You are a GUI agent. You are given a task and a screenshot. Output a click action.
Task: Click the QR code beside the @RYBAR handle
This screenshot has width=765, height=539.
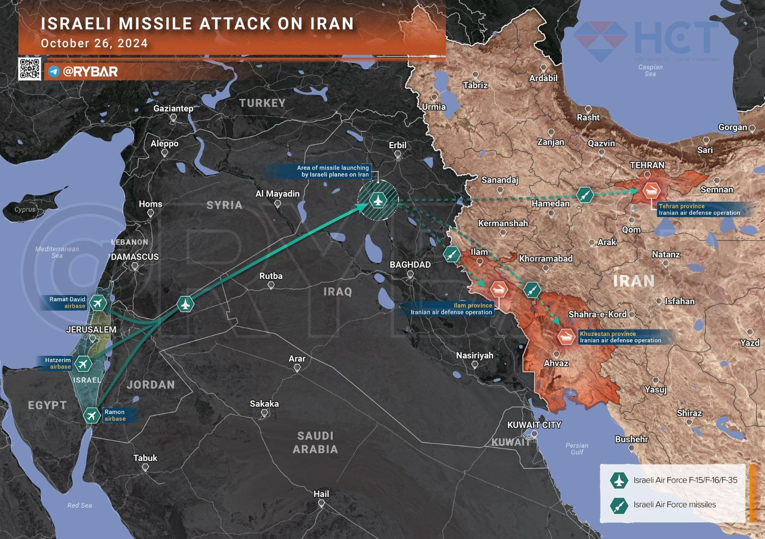tap(30, 69)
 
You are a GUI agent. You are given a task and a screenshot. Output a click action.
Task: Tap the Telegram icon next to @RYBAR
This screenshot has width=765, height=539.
tap(54, 72)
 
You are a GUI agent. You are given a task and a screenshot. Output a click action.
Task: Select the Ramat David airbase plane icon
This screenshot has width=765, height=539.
tap(98, 303)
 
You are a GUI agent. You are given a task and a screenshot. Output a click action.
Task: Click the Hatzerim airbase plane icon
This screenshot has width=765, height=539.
tap(83, 364)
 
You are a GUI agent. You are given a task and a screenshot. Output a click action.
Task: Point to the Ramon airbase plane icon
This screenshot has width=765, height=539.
tap(91, 415)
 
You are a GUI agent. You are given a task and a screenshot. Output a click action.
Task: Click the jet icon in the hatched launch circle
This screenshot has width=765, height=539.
tap(378, 200)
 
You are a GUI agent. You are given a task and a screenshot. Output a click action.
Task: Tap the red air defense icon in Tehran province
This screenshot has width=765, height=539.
tap(651, 191)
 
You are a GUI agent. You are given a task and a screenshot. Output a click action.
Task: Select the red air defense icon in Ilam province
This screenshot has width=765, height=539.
tap(499, 289)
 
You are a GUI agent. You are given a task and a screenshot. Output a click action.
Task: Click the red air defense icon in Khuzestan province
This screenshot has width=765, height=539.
tap(566, 336)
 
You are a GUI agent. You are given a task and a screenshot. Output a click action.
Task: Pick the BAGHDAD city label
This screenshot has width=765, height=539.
tap(410, 265)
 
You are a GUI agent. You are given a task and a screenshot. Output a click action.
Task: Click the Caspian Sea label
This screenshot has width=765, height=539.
tap(650, 70)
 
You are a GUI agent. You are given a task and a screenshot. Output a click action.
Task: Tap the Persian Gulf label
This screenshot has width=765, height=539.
tap(577, 449)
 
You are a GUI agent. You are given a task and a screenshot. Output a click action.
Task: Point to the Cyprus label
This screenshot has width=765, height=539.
tap(25, 209)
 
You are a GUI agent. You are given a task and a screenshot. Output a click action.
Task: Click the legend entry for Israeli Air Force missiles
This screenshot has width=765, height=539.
tap(674, 505)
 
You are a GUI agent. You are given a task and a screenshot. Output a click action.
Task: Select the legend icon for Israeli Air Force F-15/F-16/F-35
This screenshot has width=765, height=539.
tap(619, 480)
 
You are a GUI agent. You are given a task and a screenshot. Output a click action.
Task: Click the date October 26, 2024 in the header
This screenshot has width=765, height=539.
tap(94, 43)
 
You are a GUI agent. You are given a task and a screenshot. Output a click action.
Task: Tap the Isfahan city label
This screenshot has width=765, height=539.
tap(679, 301)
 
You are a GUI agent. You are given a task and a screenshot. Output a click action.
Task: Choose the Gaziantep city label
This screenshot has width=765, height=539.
tap(173, 108)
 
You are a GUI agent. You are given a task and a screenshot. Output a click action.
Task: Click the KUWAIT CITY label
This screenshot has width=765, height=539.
tap(534, 425)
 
